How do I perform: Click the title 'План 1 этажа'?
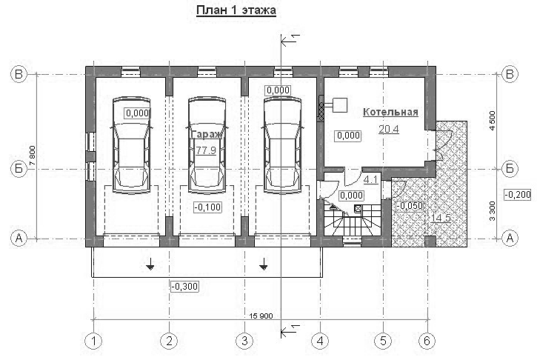[x=236, y=10]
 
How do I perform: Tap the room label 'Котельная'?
[x=390, y=112]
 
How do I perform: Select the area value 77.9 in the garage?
[x=206, y=150]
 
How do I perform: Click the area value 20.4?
[x=389, y=129]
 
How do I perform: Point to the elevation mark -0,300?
[x=184, y=286]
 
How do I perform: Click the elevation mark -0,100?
[x=207, y=207]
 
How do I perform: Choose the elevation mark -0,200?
[x=518, y=195]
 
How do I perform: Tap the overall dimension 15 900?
[x=259, y=316]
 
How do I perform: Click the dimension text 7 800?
[x=32, y=156]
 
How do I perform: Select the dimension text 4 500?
[x=493, y=121]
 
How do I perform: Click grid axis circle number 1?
[x=93, y=341]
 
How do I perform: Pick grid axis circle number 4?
[x=320, y=341]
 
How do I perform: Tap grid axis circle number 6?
[x=427, y=341]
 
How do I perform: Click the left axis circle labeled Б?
[x=19, y=169]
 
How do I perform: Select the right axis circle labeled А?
[x=510, y=238]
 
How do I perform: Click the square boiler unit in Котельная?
[x=340, y=105]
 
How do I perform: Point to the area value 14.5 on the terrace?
[x=441, y=218]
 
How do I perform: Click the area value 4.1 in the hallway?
[x=370, y=179]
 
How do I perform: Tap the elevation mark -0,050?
[x=410, y=206]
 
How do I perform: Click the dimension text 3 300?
[x=493, y=211]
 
